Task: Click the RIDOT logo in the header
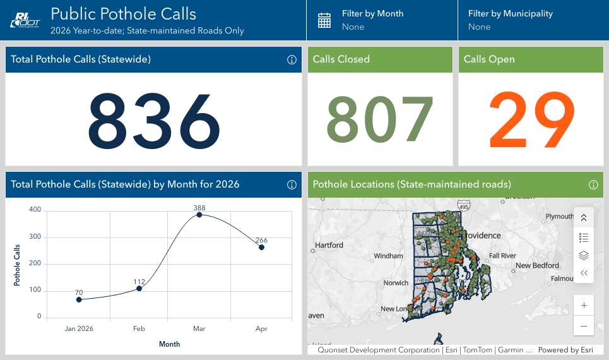point(24,20)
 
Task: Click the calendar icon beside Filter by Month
point(324,20)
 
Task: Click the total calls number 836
point(154,119)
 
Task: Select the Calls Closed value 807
point(380,119)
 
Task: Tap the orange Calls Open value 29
point(531,119)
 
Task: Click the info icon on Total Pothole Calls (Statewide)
point(292,60)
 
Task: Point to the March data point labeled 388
point(199,215)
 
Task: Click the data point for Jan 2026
point(79,299)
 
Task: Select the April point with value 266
point(261,248)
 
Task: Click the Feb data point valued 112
point(139,289)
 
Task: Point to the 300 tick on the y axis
point(35,237)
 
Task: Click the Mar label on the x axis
point(199,329)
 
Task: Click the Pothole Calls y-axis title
point(17,263)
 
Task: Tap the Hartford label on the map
point(329,245)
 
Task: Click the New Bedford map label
point(537,266)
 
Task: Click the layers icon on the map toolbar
point(584,256)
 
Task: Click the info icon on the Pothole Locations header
point(593,185)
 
